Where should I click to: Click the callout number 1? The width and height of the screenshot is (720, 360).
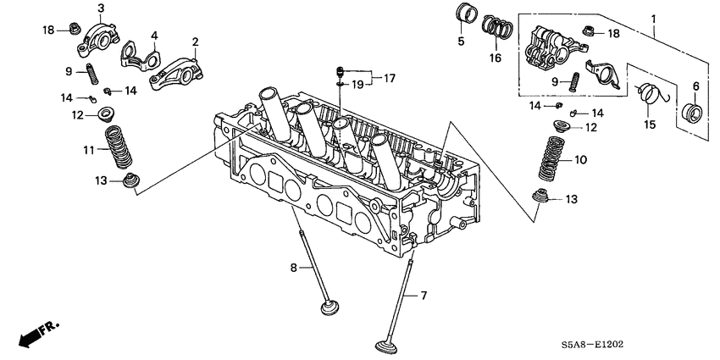click(x=652, y=19)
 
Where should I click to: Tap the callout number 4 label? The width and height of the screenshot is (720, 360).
click(x=154, y=36)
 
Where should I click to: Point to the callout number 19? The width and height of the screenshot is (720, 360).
click(x=358, y=84)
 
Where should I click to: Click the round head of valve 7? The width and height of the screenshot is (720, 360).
click(x=389, y=347)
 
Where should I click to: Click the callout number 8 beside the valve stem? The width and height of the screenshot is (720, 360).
click(x=295, y=268)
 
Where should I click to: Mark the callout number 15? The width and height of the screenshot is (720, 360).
click(x=650, y=125)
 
